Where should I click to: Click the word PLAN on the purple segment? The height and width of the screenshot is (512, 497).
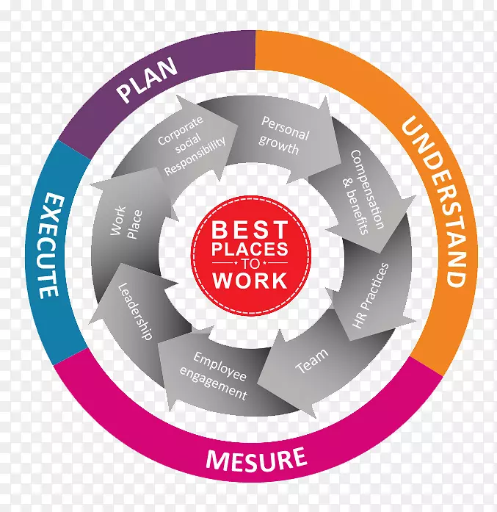pos(148,82)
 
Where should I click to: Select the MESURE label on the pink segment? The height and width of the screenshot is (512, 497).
pos(255,460)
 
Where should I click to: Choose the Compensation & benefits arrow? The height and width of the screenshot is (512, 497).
pos(365,192)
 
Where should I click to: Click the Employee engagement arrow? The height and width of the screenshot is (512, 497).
pos(218,375)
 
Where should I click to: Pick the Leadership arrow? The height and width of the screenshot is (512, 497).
pos(137,311)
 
